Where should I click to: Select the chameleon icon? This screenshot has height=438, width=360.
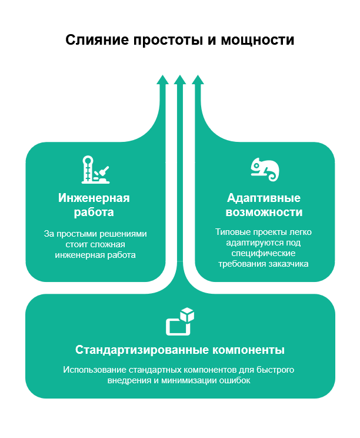tap(264, 170)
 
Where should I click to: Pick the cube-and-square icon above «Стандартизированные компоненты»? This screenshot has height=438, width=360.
tap(180, 321)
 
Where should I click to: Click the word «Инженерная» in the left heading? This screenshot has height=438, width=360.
tap(94, 197)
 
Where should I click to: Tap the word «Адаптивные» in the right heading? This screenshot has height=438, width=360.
tap(264, 197)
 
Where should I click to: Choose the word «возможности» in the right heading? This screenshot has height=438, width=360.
tap(264, 211)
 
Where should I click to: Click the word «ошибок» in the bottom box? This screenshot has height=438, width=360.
tap(236, 381)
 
